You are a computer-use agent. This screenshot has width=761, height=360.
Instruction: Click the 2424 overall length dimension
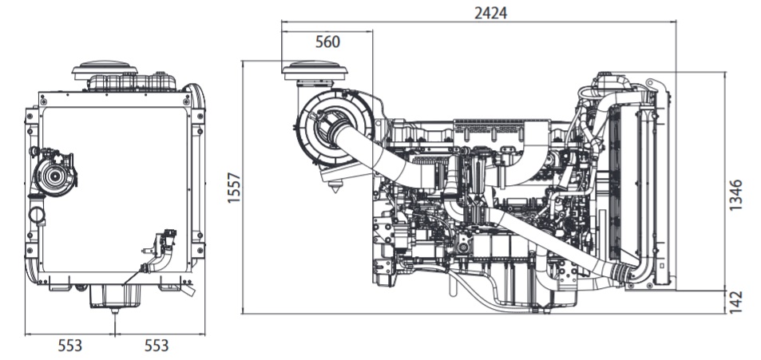tap(489, 13)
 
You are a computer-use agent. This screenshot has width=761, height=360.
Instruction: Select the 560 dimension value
tap(327, 42)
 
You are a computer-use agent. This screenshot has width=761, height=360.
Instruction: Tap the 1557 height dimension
tap(234, 187)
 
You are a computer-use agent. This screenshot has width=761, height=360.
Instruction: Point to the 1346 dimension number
tap(736, 195)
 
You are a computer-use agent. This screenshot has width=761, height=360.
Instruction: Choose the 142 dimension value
tap(736, 302)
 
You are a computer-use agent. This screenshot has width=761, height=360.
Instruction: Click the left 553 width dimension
tap(69, 345)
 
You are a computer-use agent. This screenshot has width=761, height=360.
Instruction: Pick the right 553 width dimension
tap(157, 345)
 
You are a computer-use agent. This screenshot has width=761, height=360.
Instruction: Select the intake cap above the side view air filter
tap(315, 71)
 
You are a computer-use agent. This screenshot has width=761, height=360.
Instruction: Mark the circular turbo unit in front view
tap(55, 176)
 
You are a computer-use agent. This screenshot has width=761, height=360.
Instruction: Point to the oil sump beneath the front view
tap(114, 297)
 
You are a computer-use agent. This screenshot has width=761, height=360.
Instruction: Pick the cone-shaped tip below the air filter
tap(336, 188)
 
